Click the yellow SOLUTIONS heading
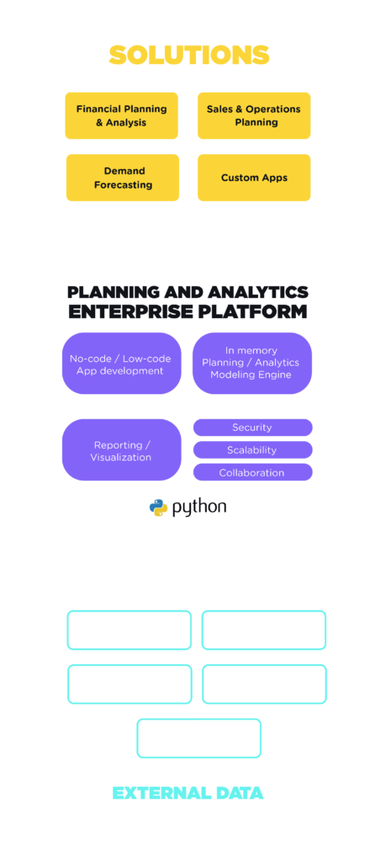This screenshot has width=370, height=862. click(x=189, y=56)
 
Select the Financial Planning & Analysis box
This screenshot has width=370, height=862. click(x=121, y=115)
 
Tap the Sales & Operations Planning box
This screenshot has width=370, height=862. click(x=254, y=115)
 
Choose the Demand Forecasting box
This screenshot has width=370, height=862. click(x=123, y=178)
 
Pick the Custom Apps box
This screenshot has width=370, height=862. click(x=254, y=178)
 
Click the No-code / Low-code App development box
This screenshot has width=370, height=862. click(x=121, y=364)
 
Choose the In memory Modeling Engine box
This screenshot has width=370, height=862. click(x=252, y=364)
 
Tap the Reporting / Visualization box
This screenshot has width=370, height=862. click(x=121, y=450)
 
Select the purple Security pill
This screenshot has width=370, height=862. click(x=252, y=428)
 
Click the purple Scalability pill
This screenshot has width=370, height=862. click(x=252, y=450)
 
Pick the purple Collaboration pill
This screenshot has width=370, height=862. click(x=252, y=472)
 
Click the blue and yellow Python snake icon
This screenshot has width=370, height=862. click(x=159, y=508)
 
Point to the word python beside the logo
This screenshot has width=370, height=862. click(x=199, y=508)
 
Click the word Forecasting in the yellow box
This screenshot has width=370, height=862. click(x=123, y=184)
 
